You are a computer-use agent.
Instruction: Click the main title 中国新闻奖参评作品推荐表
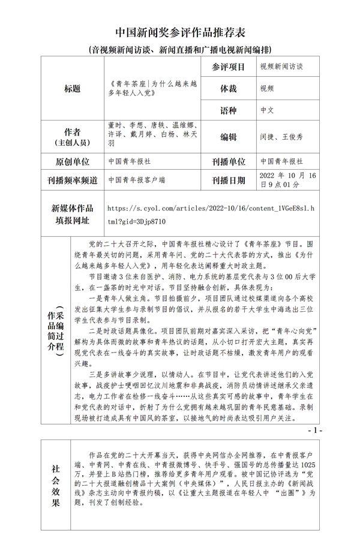[179, 31]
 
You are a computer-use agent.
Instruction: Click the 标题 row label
[72, 88]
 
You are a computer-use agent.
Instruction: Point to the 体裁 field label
[229, 88]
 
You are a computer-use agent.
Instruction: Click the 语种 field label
[229, 110]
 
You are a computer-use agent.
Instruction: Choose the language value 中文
[268, 110]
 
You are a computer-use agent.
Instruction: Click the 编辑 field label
[229, 137]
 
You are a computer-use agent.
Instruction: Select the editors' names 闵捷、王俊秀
[282, 137]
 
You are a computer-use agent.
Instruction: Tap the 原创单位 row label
[72, 161]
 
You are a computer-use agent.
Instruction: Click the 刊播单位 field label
[229, 161]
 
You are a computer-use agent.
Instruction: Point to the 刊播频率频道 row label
[72, 180]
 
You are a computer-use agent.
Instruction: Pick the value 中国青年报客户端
[137, 179]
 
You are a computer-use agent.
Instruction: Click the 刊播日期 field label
[229, 180]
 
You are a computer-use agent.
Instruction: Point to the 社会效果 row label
[55, 485]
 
